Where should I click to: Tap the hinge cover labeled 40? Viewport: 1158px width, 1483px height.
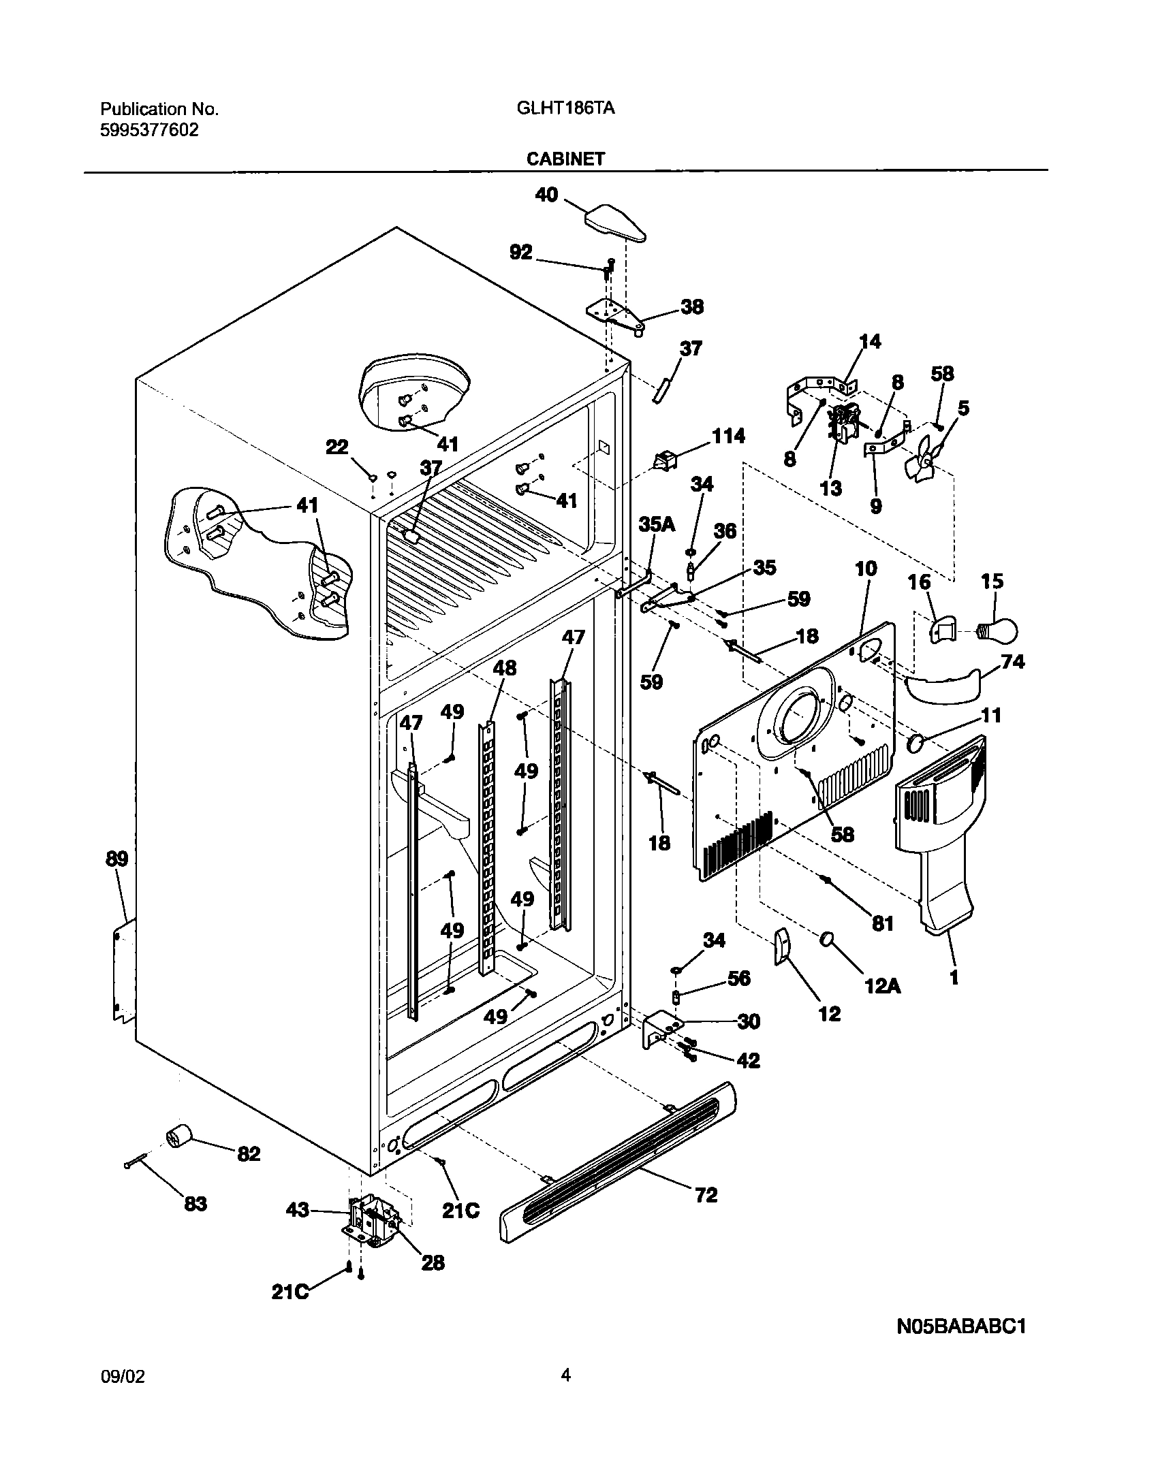tap(614, 225)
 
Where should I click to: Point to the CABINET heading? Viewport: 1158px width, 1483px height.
tap(565, 159)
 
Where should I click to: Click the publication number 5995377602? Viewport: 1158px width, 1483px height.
tap(150, 129)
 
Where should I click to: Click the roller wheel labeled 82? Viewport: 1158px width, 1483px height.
tap(179, 1136)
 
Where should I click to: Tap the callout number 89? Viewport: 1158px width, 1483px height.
tap(116, 859)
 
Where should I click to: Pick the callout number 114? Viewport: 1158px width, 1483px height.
tap(728, 436)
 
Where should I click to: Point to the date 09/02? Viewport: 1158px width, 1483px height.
tap(123, 1409)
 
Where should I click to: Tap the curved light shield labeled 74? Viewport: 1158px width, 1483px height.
tap(943, 689)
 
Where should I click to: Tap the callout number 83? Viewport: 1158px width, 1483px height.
tap(195, 1203)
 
